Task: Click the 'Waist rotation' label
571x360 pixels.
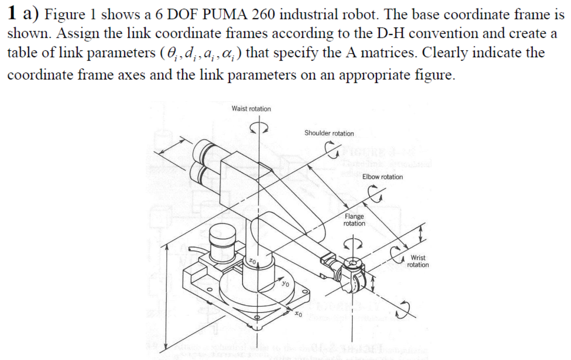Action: coord(251,108)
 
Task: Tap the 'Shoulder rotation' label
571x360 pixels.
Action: coord(329,133)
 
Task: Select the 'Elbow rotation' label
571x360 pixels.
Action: coord(382,177)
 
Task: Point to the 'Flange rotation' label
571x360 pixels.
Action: coord(354,220)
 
